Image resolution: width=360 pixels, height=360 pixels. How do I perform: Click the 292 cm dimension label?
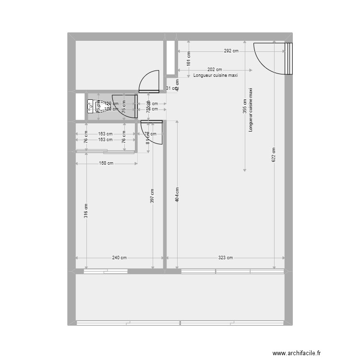point(231,51)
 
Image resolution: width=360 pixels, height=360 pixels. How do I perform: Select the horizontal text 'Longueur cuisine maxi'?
point(216,75)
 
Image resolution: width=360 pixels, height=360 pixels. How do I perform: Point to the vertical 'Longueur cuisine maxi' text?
point(250,110)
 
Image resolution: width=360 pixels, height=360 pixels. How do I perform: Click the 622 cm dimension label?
point(274,155)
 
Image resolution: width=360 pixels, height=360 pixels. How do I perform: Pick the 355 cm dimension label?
point(245,105)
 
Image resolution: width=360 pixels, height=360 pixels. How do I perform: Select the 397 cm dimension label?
point(152,195)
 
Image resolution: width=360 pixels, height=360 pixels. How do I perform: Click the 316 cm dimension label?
point(86,211)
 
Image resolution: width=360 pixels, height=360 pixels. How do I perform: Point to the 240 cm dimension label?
point(120,258)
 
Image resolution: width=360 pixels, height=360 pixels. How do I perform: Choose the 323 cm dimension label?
point(225,258)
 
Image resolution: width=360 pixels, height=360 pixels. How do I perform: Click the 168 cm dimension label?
point(107,163)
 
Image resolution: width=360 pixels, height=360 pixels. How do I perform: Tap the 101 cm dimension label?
point(189,59)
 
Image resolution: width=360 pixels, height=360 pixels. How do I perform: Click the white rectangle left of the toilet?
point(80,106)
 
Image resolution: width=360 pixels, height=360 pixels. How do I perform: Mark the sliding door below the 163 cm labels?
point(91,151)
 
